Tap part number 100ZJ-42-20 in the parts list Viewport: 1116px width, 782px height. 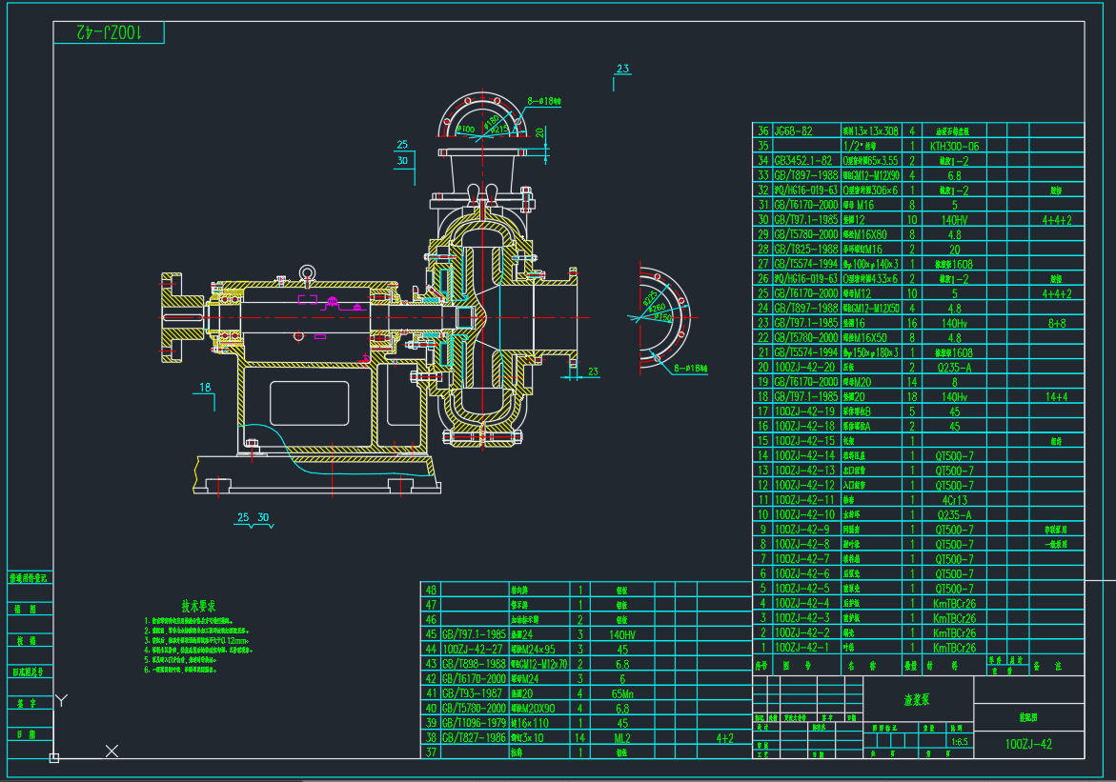[804, 367]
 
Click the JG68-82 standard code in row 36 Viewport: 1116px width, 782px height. [793, 130]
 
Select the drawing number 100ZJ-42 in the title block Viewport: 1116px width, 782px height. [1028, 743]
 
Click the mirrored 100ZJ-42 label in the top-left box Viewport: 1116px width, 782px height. [109, 32]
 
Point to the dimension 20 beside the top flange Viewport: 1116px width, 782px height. [539, 131]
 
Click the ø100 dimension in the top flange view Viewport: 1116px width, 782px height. [466, 129]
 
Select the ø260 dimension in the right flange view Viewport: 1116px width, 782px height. [654, 307]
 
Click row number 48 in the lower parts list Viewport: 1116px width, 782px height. [431, 590]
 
